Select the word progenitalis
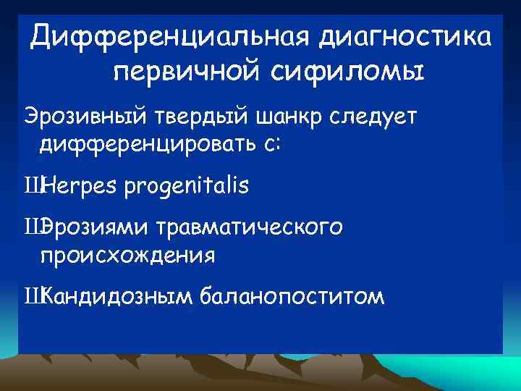click(x=187, y=187)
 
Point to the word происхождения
click(x=127, y=256)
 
